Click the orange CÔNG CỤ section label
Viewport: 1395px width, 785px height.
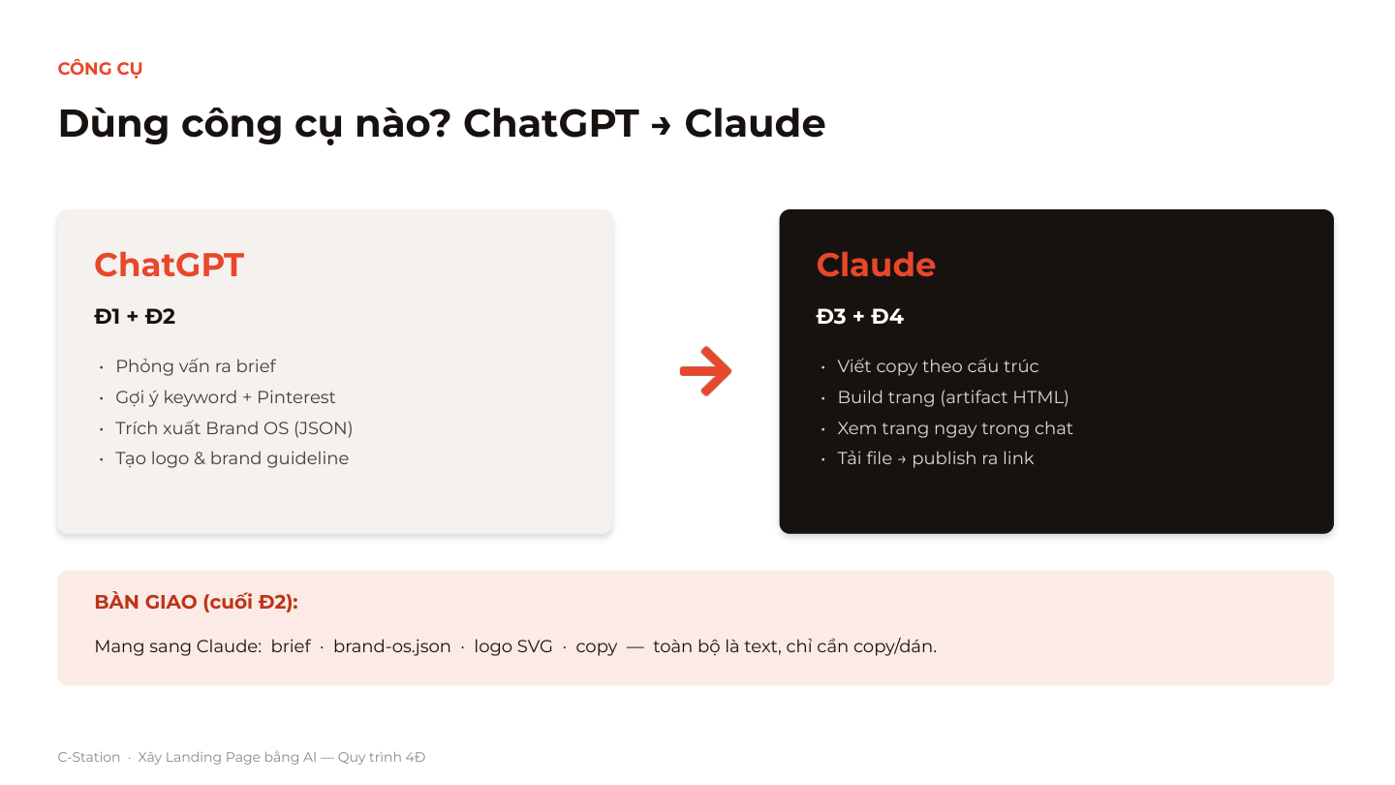[x=100, y=69]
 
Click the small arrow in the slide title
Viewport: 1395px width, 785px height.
[x=661, y=126]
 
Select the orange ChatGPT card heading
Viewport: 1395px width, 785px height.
[x=169, y=265]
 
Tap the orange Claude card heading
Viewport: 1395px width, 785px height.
[x=876, y=265]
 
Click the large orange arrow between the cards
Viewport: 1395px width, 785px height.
[x=705, y=371]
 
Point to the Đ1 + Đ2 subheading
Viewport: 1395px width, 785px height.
[x=135, y=317]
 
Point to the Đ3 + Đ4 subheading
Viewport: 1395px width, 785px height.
[x=859, y=317]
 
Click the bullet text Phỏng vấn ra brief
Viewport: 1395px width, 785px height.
[x=196, y=366]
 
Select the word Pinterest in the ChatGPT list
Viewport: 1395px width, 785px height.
[x=295, y=397]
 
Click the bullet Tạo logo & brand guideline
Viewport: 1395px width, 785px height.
[x=232, y=458]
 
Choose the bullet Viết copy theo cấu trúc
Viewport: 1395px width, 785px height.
[x=938, y=366]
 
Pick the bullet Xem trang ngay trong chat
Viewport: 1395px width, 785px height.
[x=955, y=428]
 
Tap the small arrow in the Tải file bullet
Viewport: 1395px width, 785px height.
[x=902, y=459]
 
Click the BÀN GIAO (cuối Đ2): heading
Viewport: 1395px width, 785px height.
[x=196, y=602]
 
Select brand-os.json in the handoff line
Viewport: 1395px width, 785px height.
[x=391, y=646]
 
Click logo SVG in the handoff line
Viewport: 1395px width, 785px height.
[x=513, y=646]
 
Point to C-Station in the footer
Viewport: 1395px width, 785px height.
[x=88, y=757]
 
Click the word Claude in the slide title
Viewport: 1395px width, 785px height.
[x=755, y=123]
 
